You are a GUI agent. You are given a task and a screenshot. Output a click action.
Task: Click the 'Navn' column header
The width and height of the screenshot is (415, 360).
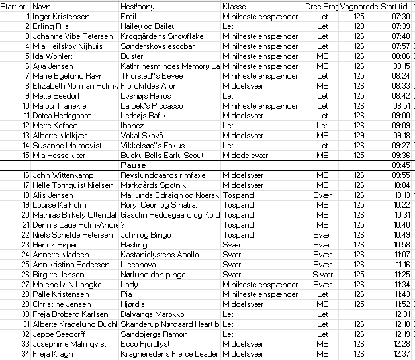coord(42,6)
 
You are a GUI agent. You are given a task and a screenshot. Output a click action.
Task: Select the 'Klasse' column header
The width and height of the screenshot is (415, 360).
coord(234,6)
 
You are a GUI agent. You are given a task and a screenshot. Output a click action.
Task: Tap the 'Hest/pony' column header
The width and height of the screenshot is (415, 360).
coord(134,6)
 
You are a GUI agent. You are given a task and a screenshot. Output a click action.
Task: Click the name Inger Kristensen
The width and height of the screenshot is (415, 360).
coord(60,17)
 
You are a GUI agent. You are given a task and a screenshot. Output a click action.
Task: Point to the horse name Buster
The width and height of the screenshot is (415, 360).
coord(132,56)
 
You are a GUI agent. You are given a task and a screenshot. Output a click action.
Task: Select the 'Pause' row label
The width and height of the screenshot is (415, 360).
coord(133,165)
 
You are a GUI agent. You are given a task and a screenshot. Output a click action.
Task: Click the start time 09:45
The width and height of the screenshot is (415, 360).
coord(401,165)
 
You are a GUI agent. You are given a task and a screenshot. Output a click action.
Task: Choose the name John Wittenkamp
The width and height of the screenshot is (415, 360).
coord(63,175)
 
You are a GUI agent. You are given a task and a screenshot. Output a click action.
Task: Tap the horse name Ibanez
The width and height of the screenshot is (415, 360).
coord(132,126)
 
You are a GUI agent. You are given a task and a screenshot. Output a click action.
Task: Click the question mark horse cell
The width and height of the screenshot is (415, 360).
coord(123,225)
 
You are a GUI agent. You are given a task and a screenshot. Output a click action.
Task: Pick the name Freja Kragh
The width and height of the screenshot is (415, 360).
coord(54,354)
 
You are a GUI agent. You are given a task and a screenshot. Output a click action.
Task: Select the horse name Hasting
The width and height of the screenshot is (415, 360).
coord(134,245)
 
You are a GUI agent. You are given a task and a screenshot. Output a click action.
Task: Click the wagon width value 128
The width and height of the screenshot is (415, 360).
coord(359,26)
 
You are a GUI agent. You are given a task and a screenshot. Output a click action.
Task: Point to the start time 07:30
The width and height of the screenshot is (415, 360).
coord(401,17)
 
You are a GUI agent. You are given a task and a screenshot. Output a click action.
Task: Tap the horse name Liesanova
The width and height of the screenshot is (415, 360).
coord(138,265)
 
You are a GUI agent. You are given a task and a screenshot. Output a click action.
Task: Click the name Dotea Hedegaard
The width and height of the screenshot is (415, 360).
coord(62,116)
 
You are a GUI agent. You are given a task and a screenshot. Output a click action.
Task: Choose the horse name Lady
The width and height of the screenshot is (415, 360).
coord(129,285)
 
